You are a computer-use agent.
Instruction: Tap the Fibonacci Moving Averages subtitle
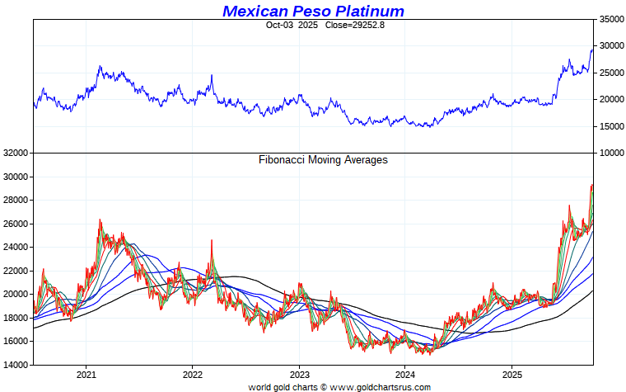tap(323, 160)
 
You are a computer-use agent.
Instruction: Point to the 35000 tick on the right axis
tap(610, 19)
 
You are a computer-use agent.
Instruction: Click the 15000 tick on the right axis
tap(610, 126)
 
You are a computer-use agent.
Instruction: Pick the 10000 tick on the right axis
tap(610, 153)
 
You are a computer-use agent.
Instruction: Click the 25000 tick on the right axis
tap(610, 73)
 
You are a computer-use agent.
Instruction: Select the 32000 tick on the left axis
tap(16, 153)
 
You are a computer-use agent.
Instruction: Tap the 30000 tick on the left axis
tap(16, 177)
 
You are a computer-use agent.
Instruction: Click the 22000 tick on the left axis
tap(16, 271)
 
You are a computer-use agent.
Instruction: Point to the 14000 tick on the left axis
tap(16, 365)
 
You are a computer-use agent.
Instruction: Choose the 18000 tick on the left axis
tap(16, 318)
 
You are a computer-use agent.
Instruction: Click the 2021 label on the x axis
tap(86, 374)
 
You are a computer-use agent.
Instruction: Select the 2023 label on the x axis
tap(299, 374)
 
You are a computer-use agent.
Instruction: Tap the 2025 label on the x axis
tap(512, 374)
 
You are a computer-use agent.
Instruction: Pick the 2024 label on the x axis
tap(405, 374)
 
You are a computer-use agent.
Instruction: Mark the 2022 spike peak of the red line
tap(212, 241)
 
